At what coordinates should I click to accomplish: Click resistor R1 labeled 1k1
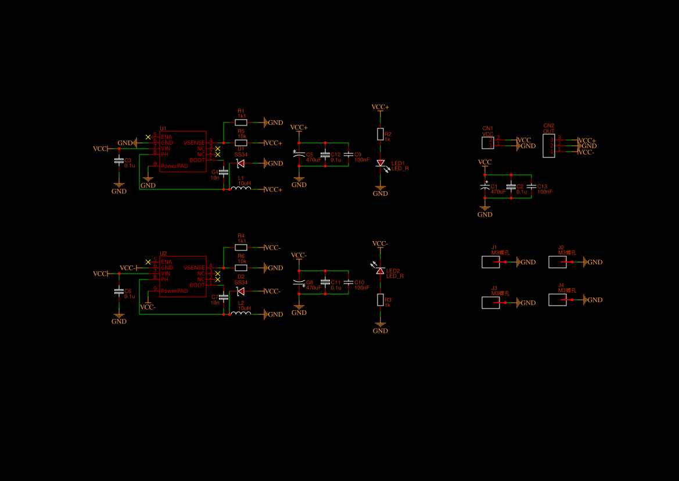point(241,123)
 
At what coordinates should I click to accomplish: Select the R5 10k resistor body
point(241,143)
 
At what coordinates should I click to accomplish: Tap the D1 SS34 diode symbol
point(240,163)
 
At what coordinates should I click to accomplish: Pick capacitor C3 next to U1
point(119,160)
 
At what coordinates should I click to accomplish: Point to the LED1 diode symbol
point(380,164)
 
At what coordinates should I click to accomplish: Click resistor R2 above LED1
point(380,134)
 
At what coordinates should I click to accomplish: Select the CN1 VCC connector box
point(488,143)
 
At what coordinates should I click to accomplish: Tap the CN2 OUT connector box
point(548,146)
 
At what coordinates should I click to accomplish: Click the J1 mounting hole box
point(491,262)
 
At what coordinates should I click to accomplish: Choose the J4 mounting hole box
point(558,300)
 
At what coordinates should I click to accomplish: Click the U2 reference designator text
point(163,253)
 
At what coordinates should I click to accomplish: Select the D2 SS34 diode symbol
point(240,291)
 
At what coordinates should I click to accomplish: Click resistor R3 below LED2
point(380,300)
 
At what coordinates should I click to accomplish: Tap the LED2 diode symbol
point(380,271)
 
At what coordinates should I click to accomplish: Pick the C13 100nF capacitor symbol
point(531,186)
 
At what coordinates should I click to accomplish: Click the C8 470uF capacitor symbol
point(299,283)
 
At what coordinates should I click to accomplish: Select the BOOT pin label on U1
point(197,160)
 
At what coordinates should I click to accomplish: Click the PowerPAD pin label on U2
point(174,291)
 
